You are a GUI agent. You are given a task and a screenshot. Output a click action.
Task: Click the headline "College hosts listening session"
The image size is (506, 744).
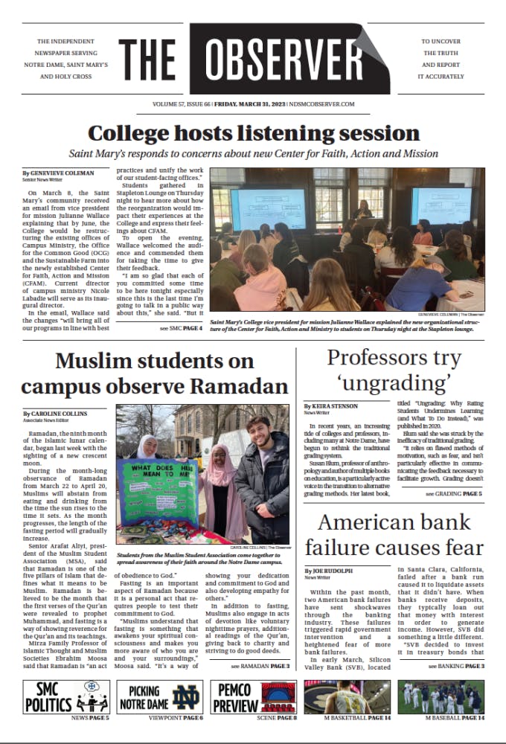coord(253,134)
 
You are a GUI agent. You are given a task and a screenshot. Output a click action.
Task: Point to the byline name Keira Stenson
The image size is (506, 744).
coord(332,406)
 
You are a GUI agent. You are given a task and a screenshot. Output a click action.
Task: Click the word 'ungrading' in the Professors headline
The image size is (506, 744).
coord(394,385)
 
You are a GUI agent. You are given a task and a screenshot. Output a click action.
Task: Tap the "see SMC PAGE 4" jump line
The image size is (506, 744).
coord(180,328)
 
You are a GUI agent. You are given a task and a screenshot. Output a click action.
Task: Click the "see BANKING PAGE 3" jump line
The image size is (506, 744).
coord(455,666)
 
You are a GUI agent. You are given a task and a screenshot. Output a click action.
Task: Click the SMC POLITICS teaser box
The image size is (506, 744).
coord(65,697)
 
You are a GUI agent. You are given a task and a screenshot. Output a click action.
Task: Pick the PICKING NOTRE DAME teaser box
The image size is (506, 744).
coord(158,697)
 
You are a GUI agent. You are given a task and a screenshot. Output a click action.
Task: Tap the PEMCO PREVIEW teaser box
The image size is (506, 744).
coord(253,697)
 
